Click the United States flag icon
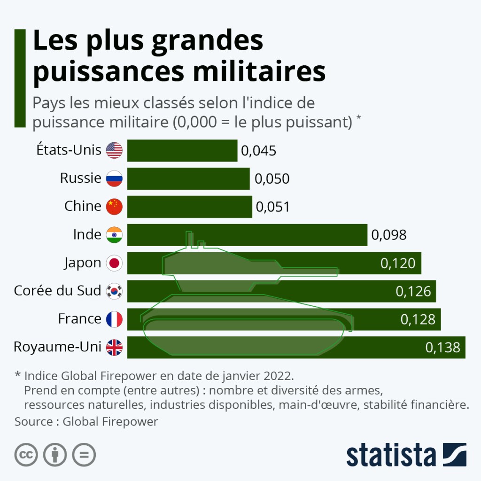pyautogui.click(x=114, y=150)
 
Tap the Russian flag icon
pyautogui.click(x=114, y=178)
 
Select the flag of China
pyautogui.click(x=114, y=207)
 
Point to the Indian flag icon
pyautogui.click(x=114, y=235)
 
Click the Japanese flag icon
pyautogui.click(x=114, y=263)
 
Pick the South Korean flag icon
pyautogui.click(x=114, y=291)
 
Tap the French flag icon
pyautogui.click(x=114, y=319)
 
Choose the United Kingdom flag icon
pyautogui.click(x=114, y=348)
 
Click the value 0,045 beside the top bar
pyautogui.click(x=258, y=151)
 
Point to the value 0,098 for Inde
pyautogui.click(x=389, y=235)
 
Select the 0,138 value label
pyautogui.click(x=442, y=348)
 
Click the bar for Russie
pyautogui.click(x=188, y=178)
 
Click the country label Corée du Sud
pyautogui.click(x=57, y=291)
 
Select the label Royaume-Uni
pyautogui.click(x=57, y=347)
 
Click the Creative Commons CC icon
pyautogui.click(x=26, y=455)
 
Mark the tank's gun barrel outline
pyautogui.click(x=305, y=271)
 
